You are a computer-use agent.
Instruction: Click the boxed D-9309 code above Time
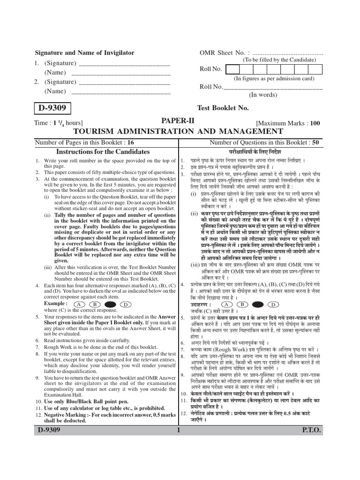pyautogui.click(x=52, y=109)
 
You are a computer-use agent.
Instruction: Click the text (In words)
pyautogui.click(x=262, y=94)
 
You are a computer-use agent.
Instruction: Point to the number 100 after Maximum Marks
pyautogui.click(x=315, y=123)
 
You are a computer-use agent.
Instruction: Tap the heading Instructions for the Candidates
pyautogui.click(x=103, y=152)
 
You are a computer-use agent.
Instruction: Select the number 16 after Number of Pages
pyautogui.click(x=130, y=142)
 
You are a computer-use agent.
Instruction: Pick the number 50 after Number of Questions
pyautogui.click(x=315, y=142)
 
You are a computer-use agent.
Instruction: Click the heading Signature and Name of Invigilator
pyautogui.click(x=85, y=53)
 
